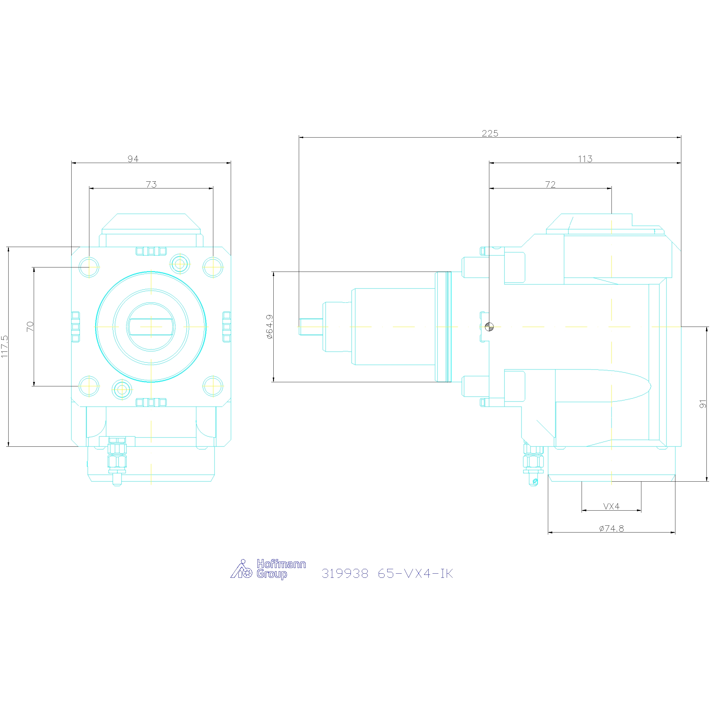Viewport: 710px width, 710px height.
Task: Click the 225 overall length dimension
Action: (x=490, y=133)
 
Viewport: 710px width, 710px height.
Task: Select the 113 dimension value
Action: (x=585, y=159)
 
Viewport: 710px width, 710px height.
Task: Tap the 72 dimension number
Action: (x=550, y=185)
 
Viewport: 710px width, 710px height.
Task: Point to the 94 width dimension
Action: (x=133, y=159)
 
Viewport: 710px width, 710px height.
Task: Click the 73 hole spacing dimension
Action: (x=151, y=185)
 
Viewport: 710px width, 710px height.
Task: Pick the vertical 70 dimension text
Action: (x=30, y=326)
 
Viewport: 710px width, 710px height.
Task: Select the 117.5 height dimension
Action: (x=4, y=346)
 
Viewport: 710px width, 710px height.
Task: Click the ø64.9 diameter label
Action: (x=270, y=327)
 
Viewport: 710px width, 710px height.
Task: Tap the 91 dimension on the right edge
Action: (x=703, y=404)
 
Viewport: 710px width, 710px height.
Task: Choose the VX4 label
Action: (x=611, y=506)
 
